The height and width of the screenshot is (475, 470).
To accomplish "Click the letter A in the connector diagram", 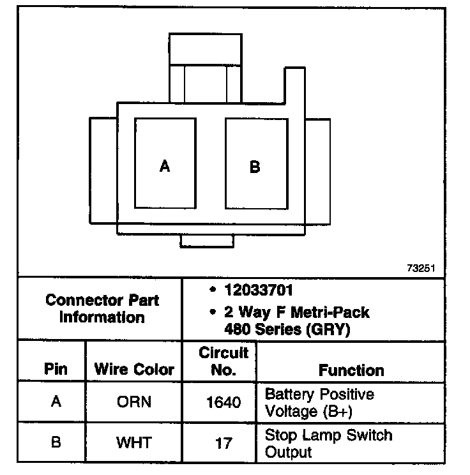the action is (x=165, y=166).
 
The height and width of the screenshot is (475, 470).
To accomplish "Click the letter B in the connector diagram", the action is (x=255, y=167).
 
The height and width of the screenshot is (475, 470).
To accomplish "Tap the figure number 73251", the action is (x=420, y=269).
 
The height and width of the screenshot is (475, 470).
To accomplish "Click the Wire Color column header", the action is (x=134, y=369).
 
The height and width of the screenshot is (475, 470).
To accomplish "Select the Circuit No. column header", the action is (x=224, y=361).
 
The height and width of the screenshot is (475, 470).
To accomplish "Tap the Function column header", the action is (x=351, y=370).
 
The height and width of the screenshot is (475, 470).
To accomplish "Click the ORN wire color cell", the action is (x=134, y=403).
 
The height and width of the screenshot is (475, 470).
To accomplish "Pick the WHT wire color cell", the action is (x=134, y=442).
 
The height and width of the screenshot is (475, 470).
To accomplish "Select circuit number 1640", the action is (x=224, y=403).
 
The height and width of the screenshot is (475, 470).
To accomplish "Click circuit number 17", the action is (x=224, y=442).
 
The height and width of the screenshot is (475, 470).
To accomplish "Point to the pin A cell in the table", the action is (x=56, y=403).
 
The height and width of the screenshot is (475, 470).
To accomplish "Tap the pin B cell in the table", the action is (x=56, y=442).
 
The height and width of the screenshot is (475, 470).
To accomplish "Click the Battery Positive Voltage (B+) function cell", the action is (x=319, y=402).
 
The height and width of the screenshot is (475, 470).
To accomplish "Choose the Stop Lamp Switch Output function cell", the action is (x=328, y=444).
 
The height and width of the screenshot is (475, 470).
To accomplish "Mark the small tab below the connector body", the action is (x=207, y=241).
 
